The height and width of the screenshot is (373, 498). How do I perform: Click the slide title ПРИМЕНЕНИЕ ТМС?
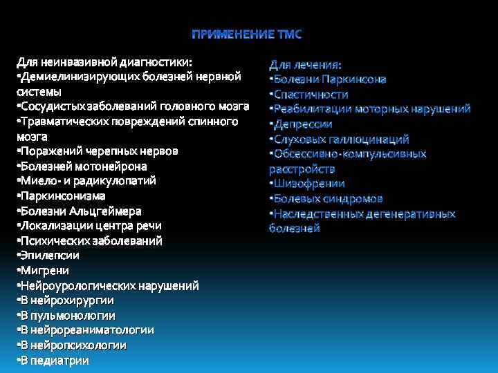[x=247, y=35]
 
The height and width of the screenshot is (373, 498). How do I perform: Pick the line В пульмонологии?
[x=66, y=315]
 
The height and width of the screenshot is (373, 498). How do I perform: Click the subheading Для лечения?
[x=305, y=65]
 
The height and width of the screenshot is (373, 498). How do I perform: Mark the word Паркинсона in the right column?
[x=353, y=79]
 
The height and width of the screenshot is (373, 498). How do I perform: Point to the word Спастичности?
[x=311, y=95]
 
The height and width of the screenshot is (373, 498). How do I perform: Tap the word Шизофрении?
[x=309, y=184]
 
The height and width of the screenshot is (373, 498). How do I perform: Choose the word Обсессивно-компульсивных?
[x=350, y=154]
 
